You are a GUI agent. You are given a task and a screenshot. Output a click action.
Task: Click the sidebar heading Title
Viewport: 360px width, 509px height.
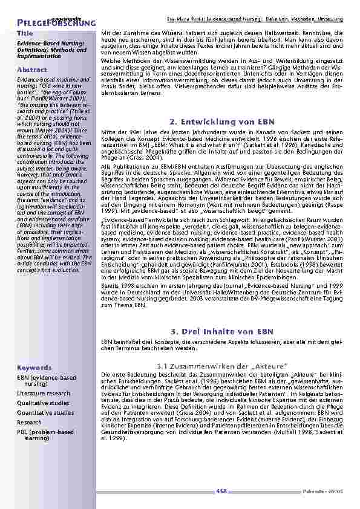click(25, 32)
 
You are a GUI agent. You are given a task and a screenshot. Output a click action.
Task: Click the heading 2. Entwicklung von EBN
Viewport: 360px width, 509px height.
click(223, 122)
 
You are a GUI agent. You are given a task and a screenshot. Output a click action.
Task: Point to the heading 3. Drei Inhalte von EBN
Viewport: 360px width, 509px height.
click(222, 331)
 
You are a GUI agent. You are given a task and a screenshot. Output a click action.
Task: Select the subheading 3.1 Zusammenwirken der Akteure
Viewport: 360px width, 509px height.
click(221, 366)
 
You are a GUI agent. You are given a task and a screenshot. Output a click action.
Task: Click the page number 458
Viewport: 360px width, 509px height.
click(221, 491)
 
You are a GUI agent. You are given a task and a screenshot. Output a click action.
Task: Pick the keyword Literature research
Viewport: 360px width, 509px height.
click(44, 393)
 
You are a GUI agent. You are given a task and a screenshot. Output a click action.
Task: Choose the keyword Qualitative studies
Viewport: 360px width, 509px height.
click(43, 403)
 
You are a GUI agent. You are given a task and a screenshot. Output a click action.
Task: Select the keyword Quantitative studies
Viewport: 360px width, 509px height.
click(45, 412)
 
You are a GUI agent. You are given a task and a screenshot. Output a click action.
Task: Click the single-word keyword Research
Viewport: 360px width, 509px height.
click(30, 422)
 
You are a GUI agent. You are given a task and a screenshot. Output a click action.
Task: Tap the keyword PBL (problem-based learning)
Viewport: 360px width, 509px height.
click(45, 435)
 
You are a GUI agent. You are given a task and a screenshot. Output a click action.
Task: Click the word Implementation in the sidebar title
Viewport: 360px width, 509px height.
click(39, 56)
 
